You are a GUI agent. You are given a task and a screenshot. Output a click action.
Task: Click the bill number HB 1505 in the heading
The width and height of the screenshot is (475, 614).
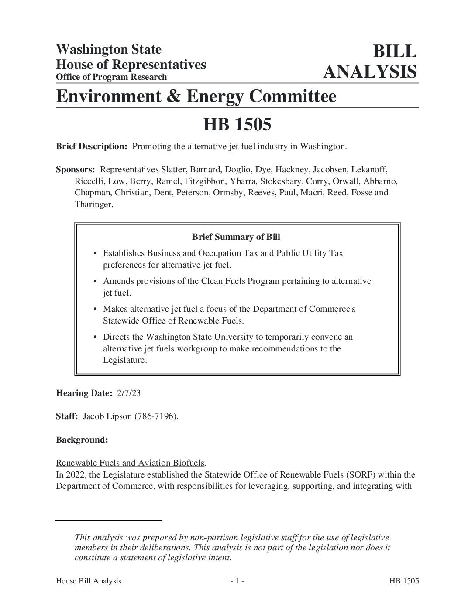coord(237,125)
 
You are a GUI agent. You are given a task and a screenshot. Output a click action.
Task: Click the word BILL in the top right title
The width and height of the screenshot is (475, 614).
coord(394,51)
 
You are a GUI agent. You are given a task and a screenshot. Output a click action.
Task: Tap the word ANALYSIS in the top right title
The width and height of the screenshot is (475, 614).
coord(370,72)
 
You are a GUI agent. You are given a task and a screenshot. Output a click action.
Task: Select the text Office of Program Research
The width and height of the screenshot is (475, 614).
coord(111,77)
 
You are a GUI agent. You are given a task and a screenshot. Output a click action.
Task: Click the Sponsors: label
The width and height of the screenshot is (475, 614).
coord(76,169)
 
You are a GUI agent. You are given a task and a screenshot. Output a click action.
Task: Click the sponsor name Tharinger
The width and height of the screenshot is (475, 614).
coord(93,205)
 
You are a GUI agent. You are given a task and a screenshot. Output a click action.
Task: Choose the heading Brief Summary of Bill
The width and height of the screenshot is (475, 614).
coord(236,237)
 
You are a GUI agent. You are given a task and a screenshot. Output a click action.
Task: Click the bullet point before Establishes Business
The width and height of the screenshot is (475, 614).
coord(95,254)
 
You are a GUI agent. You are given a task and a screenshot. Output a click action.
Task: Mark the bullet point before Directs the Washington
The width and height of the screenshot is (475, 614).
coord(95,338)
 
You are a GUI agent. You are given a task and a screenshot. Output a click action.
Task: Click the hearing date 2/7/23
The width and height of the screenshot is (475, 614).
coord(129,393)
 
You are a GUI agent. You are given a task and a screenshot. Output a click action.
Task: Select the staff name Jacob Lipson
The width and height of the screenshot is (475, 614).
coord(107,416)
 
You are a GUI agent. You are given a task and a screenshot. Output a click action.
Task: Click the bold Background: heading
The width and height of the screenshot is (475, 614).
coord(82,440)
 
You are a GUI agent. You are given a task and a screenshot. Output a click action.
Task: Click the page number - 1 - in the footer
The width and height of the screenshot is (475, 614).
coord(237,581)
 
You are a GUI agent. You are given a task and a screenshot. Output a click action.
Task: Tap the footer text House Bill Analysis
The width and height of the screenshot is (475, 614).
coord(89,581)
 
